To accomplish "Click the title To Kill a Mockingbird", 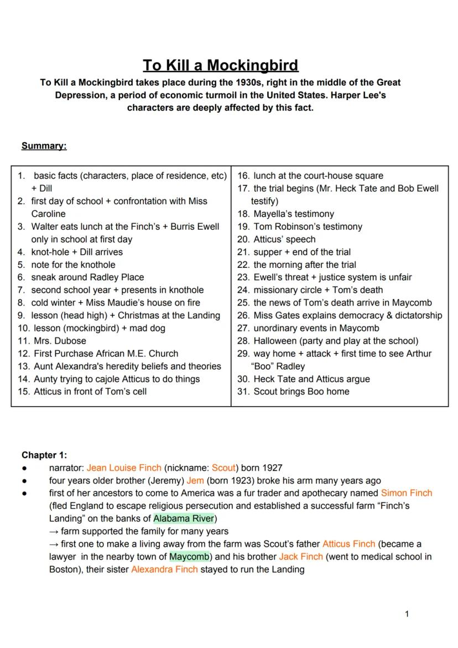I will coord(220,65).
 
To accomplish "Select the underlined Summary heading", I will coord(44,146).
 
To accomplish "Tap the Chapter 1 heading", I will coord(44,455).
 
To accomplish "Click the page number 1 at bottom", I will coord(407,614).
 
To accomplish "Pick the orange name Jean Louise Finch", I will coord(124,468).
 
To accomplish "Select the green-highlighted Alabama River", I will coord(184,519).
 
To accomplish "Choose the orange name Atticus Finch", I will coord(348,544).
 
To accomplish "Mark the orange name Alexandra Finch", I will coord(164,569).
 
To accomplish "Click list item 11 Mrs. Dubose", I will coord(59,341).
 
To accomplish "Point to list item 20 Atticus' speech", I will coord(284,239).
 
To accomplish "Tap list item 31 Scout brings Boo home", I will coord(301,391).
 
